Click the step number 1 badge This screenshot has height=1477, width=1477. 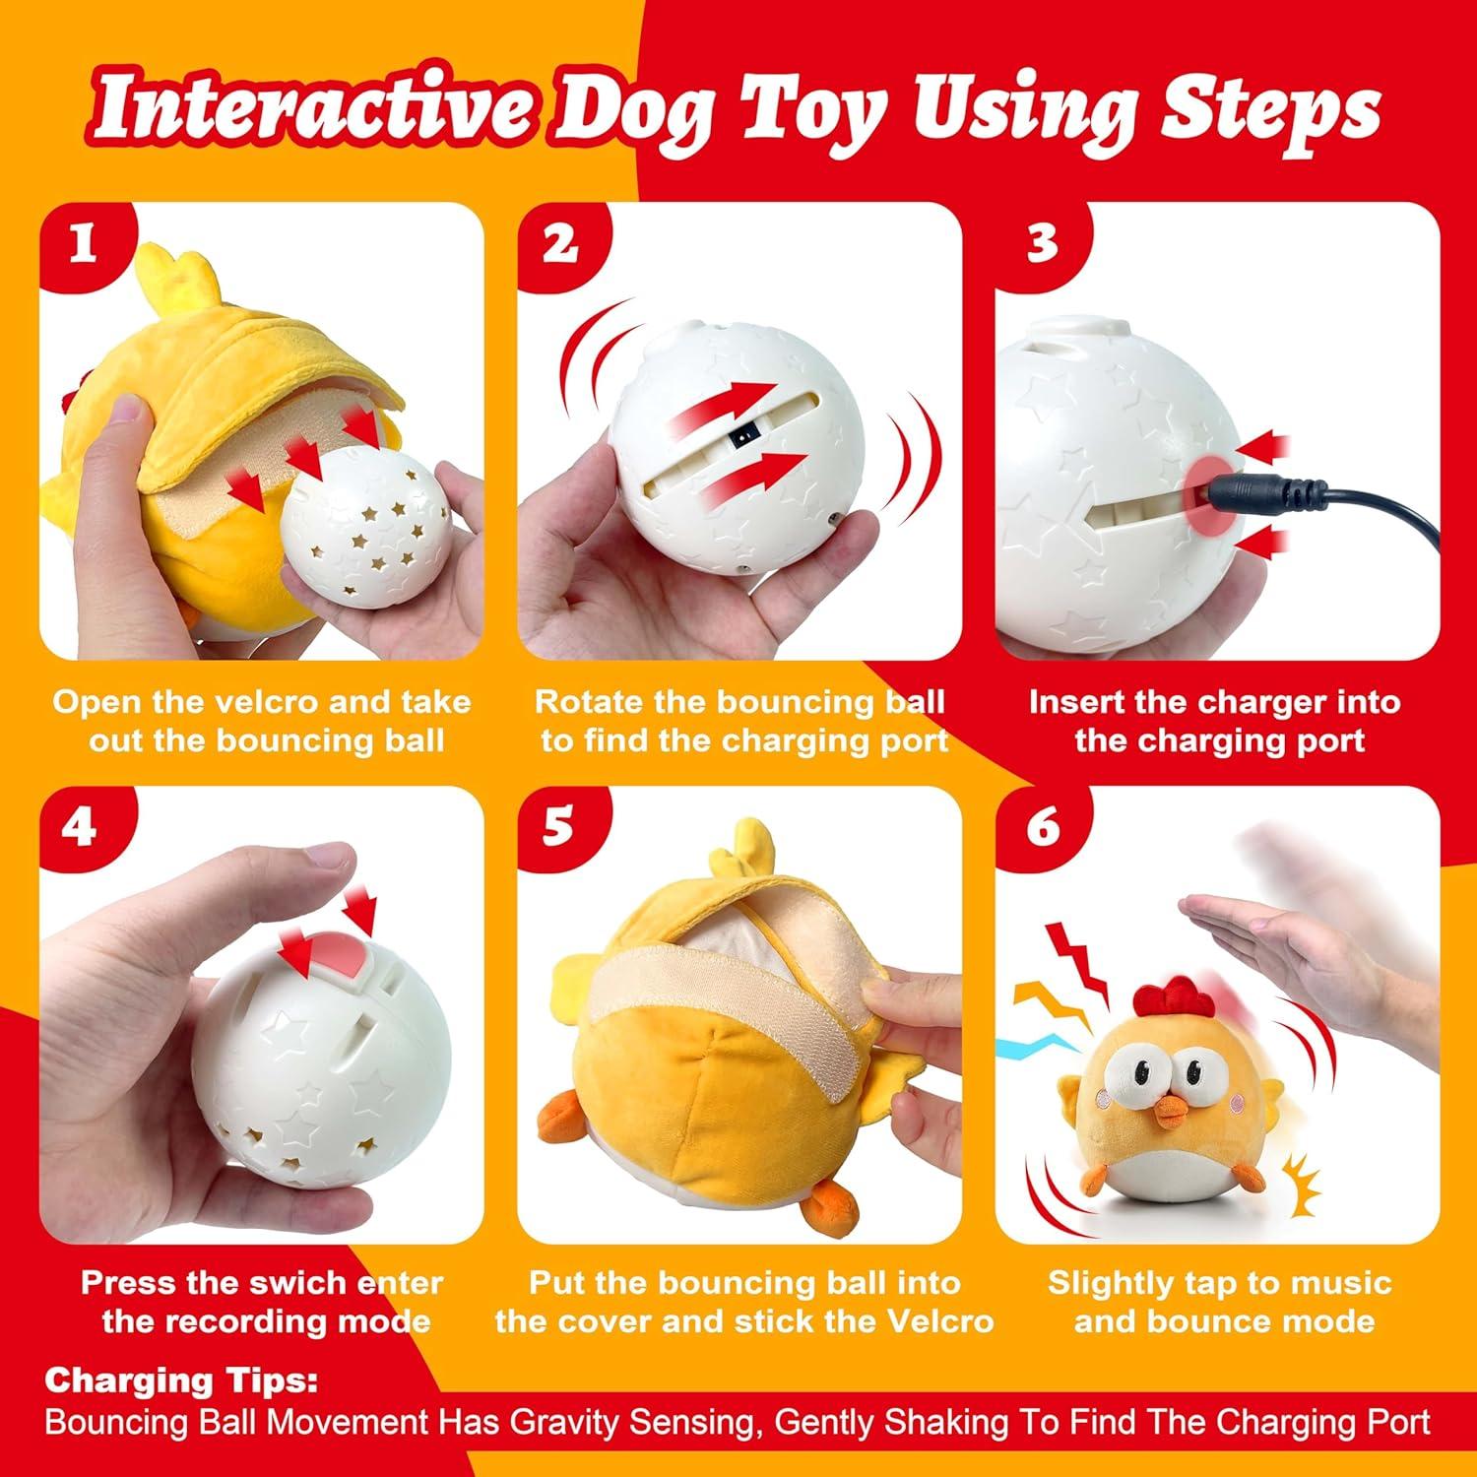coord(82,244)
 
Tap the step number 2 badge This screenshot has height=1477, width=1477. coord(559,244)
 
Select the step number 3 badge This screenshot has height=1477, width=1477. coord(1041,244)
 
